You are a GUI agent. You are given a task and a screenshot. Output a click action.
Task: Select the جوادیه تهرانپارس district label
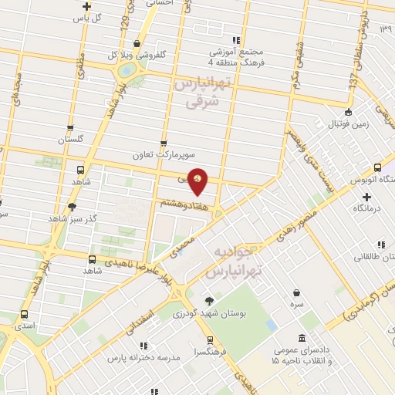[x=236, y=263]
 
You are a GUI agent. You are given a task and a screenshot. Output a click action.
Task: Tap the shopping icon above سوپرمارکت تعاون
[x=163, y=143]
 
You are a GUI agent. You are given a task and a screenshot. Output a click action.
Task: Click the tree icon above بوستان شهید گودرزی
[x=208, y=301]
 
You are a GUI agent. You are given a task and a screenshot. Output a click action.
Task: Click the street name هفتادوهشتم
[x=182, y=202]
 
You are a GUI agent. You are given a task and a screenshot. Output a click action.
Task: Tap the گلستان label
[x=70, y=140]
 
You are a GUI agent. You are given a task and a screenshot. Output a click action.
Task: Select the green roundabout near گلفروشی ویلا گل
[x=124, y=71]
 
